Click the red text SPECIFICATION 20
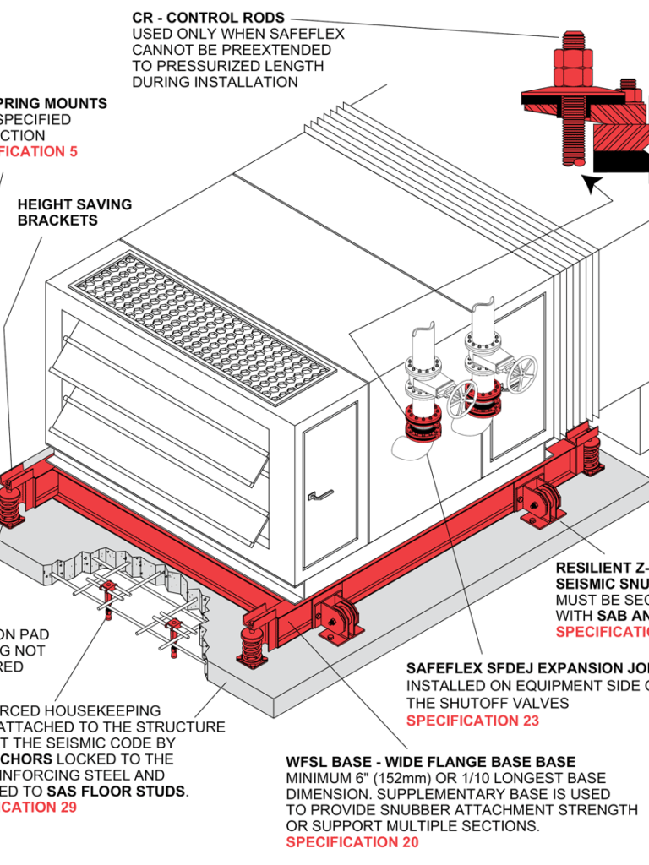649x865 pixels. pos(352,842)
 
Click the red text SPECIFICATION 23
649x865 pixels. pos(472,721)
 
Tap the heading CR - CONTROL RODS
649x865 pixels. pos(209,18)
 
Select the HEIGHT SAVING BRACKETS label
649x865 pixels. pos(74,212)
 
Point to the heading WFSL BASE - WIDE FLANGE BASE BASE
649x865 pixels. pos(431,762)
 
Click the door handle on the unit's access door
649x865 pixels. pos(321,495)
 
